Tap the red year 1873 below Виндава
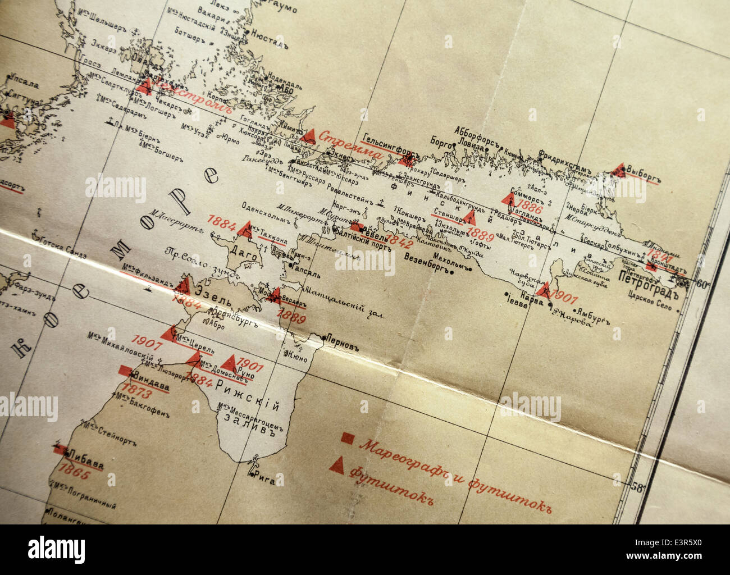click(x=137, y=388)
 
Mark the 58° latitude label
click(x=638, y=487)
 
